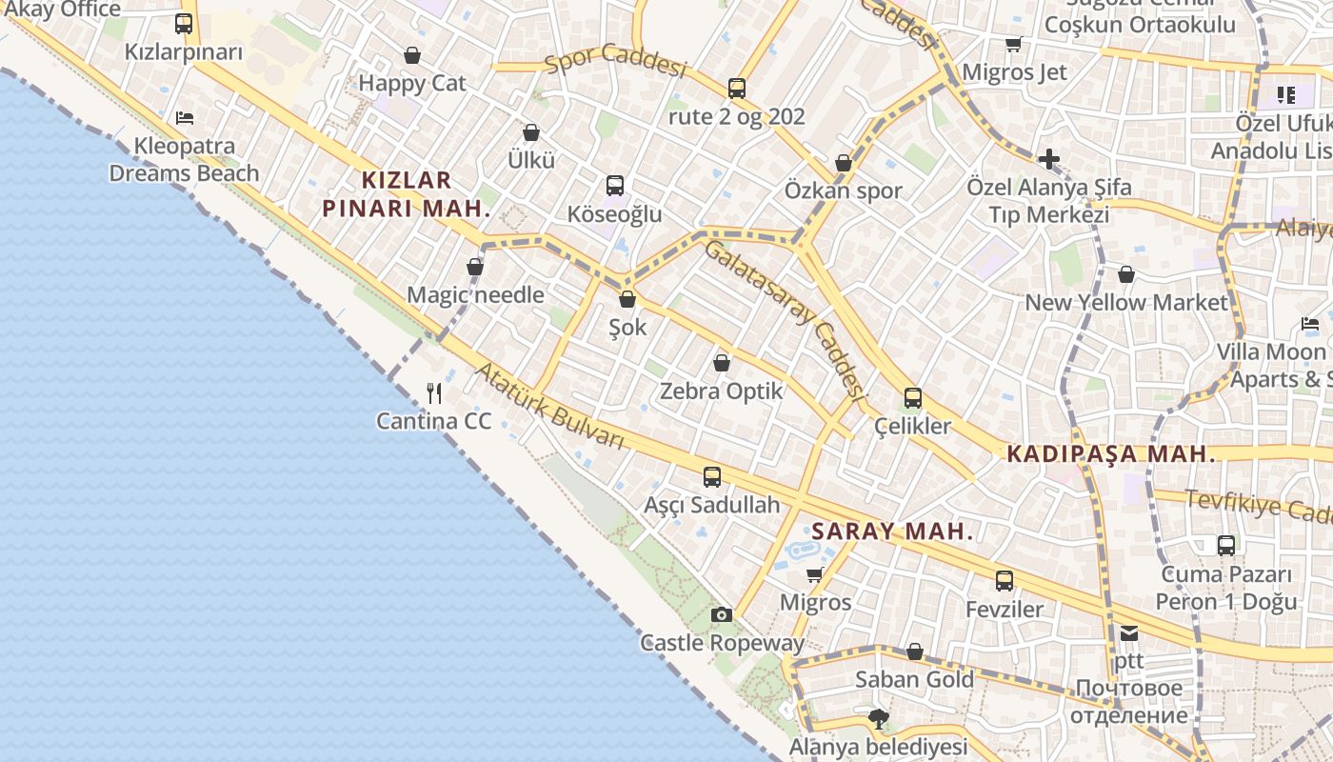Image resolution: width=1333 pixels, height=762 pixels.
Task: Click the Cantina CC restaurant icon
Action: pos(435,392)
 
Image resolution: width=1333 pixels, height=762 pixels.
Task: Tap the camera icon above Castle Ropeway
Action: pos(722,614)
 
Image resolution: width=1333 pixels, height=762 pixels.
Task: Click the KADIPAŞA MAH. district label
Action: pos(1111,454)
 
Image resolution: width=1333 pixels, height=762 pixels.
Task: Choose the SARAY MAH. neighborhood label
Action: pos(892,531)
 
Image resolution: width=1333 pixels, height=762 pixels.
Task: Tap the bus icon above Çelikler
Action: pos(912,397)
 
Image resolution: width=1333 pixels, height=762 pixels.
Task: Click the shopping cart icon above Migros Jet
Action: pos(1014,45)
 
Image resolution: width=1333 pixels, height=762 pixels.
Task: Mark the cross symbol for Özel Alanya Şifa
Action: pos(1049,159)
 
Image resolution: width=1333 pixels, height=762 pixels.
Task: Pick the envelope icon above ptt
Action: pos(1129,632)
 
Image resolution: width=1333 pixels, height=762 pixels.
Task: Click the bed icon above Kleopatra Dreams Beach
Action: pos(185,118)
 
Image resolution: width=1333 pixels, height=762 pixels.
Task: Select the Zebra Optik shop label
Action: pos(722,391)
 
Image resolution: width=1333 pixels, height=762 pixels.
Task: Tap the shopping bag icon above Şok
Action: pos(627,299)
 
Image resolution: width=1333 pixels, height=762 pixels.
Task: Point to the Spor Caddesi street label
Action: pos(616,60)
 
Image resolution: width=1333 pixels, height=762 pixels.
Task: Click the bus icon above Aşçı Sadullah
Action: pos(712,477)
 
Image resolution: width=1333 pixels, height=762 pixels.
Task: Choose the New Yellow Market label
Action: pos(1126,302)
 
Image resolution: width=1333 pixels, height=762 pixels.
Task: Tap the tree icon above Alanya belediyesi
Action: pos(878,718)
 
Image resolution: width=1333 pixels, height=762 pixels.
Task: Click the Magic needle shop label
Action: pos(475,294)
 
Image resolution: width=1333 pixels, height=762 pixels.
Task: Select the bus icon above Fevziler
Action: pos(1005,581)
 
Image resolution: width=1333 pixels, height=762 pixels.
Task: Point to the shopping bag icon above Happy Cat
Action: pos(412,55)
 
